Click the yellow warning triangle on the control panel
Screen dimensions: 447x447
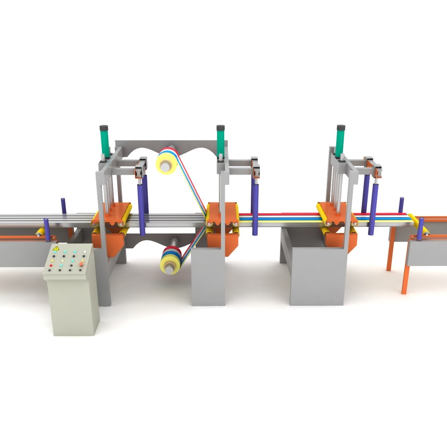tap(55, 248)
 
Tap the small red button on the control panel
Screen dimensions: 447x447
tap(51, 265)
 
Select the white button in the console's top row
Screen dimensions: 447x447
tap(85, 251)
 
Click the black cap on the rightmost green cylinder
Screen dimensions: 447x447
tap(341, 127)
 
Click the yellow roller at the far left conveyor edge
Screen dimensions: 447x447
tap(40, 232)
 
